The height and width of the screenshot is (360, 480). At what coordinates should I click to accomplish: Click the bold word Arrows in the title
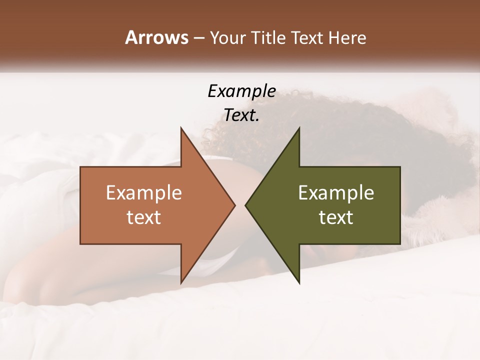click(156, 37)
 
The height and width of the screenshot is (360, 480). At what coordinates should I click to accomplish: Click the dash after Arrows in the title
click(198, 38)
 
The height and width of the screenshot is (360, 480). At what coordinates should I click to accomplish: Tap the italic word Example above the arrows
click(241, 91)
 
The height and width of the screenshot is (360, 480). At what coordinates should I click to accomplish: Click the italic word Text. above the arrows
click(241, 115)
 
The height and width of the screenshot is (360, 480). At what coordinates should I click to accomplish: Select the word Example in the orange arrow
click(144, 192)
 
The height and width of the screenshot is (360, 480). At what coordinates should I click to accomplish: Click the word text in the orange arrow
click(144, 217)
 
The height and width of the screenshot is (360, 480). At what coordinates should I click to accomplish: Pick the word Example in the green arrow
click(336, 192)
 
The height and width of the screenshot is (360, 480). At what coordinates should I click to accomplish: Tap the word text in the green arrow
click(336, 217)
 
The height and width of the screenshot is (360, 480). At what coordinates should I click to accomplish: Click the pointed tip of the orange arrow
click(234, 205)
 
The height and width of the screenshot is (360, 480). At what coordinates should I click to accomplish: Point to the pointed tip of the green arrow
click(246, 205)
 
